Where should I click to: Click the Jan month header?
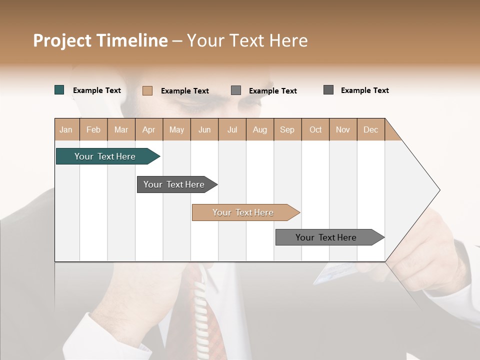(x=66, y=129)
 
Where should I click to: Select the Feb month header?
(x=93, y=129)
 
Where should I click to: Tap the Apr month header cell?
(x=149, y=129)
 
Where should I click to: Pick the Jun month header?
(x=204, y=129)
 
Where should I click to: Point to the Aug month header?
(x=260, y=129)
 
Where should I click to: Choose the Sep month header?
(x=287, y=129)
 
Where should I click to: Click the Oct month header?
(x=315, y=129)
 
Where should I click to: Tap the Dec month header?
(x=371, y=129)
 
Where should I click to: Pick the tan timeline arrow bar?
(x=244, y=212)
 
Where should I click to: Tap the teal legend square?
(x=59, y=90)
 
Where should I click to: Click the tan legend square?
(x=147, y=90)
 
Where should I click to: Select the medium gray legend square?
(x=236, y=90)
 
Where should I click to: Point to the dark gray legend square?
(x=328, y=90)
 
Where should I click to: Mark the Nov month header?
(x=343, y=129)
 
